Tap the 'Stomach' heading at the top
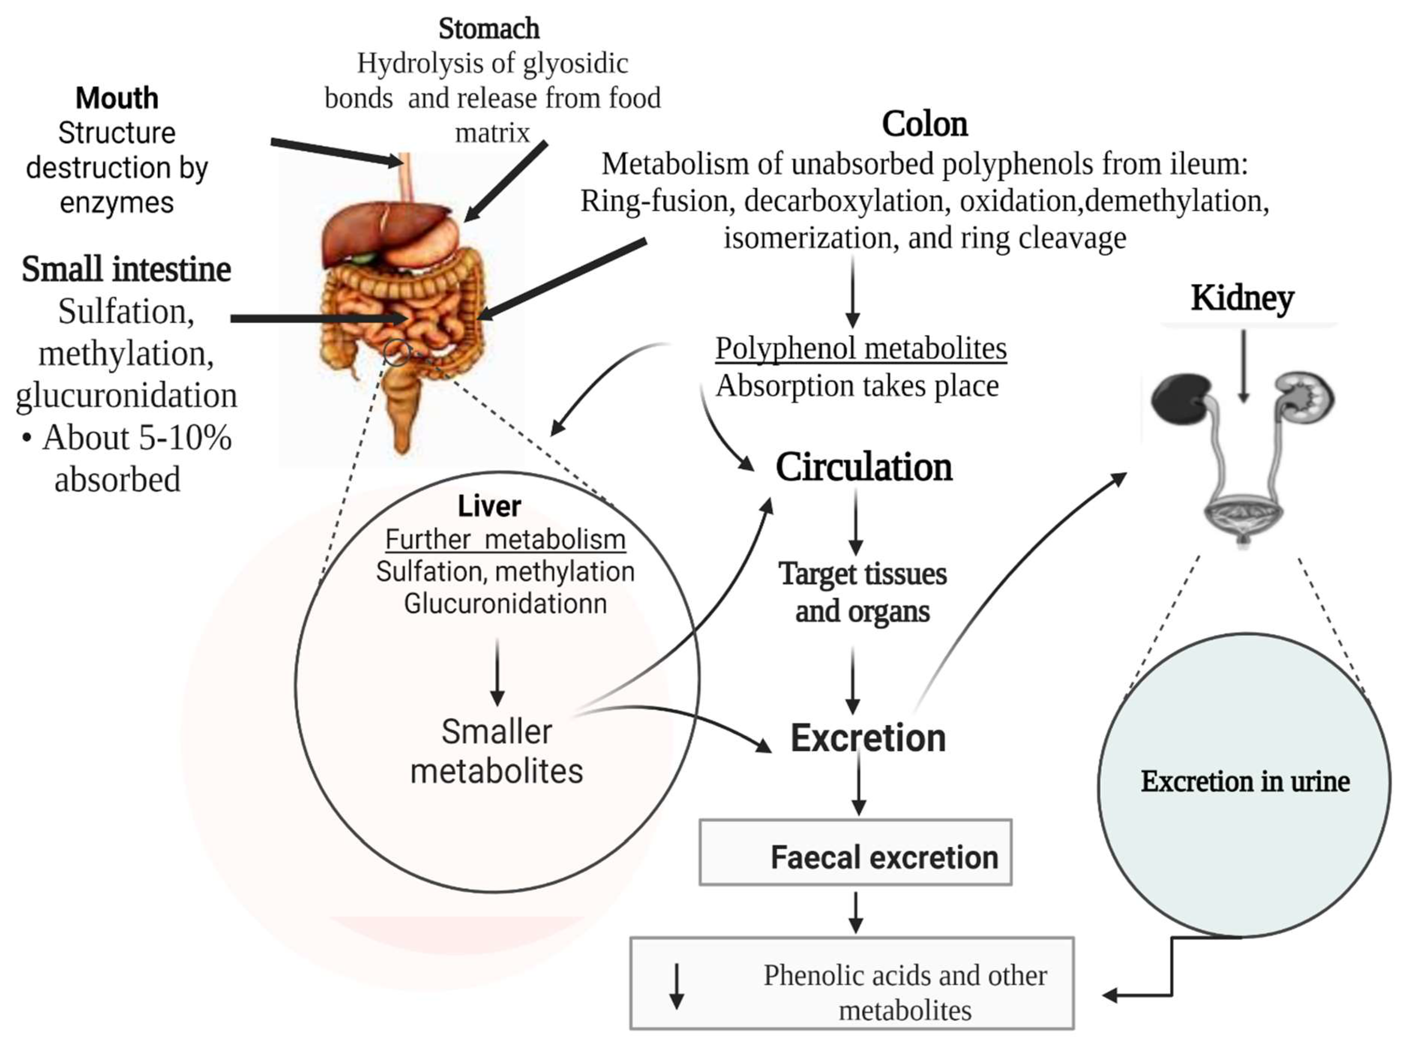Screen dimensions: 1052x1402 [x=489, y=28]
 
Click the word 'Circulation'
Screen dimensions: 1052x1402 [x=863, y=468]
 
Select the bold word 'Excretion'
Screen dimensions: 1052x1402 [x=868, y=738]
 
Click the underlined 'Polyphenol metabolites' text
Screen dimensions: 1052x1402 [x=861, y=349]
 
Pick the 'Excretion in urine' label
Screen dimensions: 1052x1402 [x=1244, y=781]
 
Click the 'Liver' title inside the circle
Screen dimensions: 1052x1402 [x=489, y=506]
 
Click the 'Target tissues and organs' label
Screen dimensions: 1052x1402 [x=862, y=592]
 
